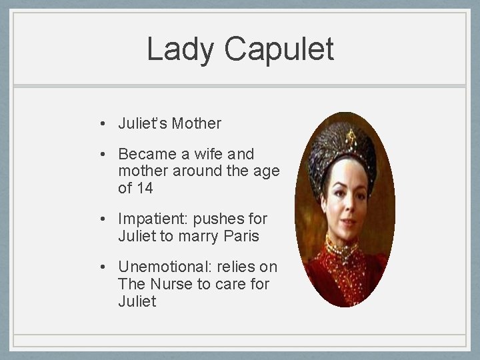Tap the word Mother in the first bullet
(197, 123)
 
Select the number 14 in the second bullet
(145, 189)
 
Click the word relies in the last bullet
(237, 267)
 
